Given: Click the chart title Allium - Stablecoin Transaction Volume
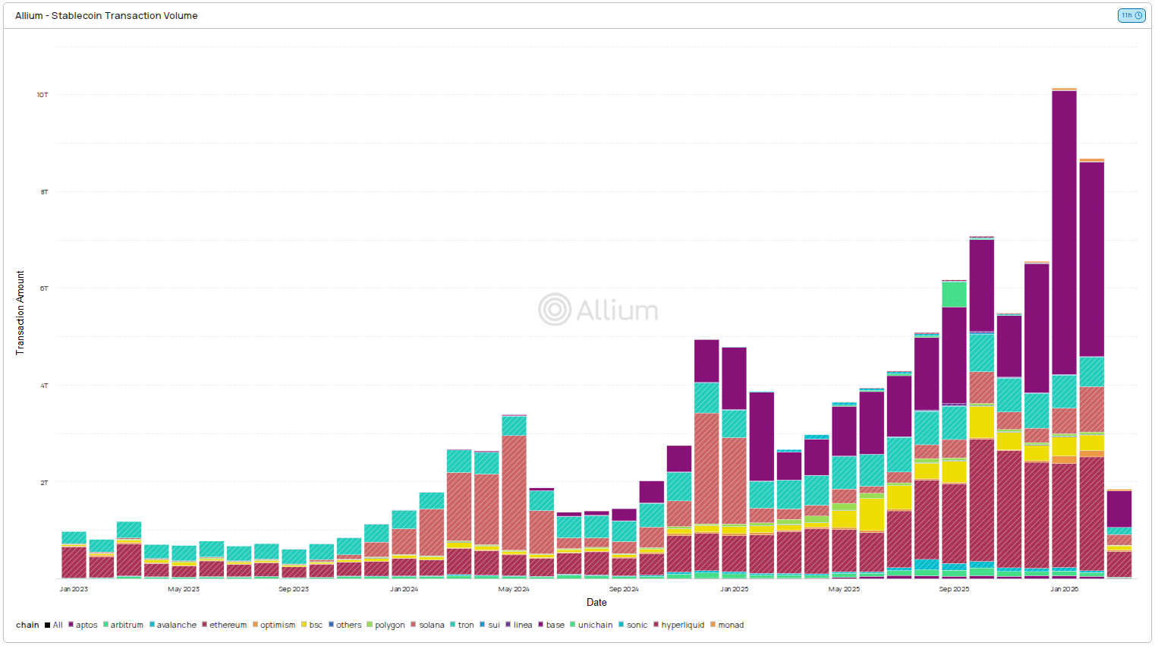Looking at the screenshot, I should (106, 15).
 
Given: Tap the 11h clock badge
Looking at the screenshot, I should (1131, 15).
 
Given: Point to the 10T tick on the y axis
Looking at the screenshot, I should (42, 95).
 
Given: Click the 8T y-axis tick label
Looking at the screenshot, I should (44, 192).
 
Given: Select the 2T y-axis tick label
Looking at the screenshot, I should (44, 483).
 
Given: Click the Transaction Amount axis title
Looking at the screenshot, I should (20, 313).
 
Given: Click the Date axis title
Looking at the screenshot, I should (596, 603).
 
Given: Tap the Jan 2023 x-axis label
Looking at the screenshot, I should (74, 589).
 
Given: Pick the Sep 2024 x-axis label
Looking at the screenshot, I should (624, 589).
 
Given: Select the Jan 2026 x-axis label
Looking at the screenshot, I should (1064, 589).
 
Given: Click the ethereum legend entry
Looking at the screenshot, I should (227, 626).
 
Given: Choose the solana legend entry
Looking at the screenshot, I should (431, 626).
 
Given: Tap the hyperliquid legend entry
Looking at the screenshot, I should (681, 626).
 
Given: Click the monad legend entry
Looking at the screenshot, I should (730, 626).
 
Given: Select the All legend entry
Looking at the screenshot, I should (57, 626).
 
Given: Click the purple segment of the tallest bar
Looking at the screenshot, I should (1064, 228).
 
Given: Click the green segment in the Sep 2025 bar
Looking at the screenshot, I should (954, 295).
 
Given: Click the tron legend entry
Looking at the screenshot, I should (465, 626).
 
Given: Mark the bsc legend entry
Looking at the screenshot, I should (315, 626).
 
